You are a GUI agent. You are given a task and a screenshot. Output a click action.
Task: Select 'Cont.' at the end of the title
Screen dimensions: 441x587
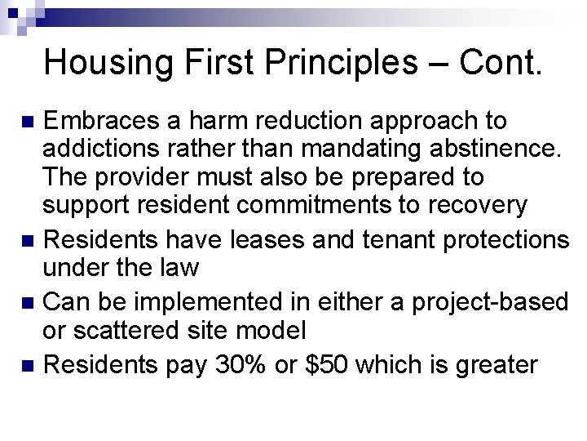pos(500,63)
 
